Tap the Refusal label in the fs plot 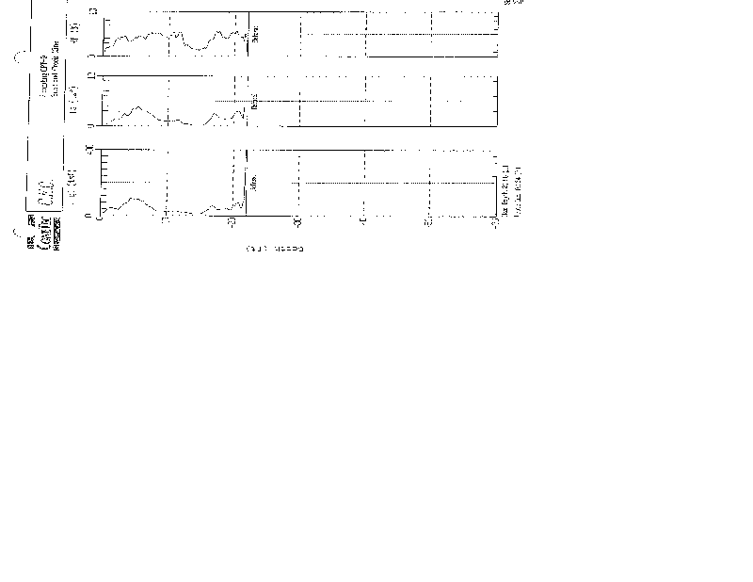255,103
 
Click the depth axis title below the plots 274,250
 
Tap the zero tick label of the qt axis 88,216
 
